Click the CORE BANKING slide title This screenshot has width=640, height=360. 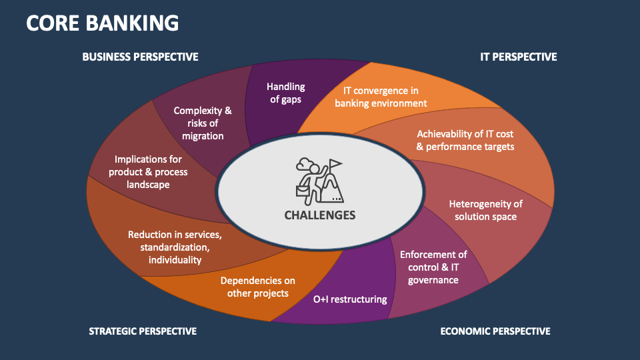tap(103, 23)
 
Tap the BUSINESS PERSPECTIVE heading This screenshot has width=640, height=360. tap(140, 57)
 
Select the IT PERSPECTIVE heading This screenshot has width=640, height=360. tap(518, 57)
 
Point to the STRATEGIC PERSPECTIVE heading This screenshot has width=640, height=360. tap(143, 331)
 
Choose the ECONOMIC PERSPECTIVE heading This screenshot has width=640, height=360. tap(495, 331)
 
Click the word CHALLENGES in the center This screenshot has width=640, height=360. tap(320, 215)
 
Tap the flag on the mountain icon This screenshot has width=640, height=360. tap(335, 163)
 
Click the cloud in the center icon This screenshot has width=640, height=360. tap(305, 163)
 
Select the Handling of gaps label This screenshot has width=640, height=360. tap(285, 93)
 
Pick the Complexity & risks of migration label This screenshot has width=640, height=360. tap(203, 123)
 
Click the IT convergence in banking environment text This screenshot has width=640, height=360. tap(381, 97)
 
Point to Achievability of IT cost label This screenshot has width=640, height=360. tap(465, 140)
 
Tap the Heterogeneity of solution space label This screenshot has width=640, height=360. tap(485, 210)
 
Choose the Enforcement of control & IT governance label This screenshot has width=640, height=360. tap(433, 267)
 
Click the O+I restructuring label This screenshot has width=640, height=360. tap(350, 299)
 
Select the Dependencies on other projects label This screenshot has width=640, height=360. tap(257, 287)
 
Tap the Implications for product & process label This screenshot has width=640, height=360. tap(148, 171)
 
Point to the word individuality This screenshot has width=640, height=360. tap(175, 259)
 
